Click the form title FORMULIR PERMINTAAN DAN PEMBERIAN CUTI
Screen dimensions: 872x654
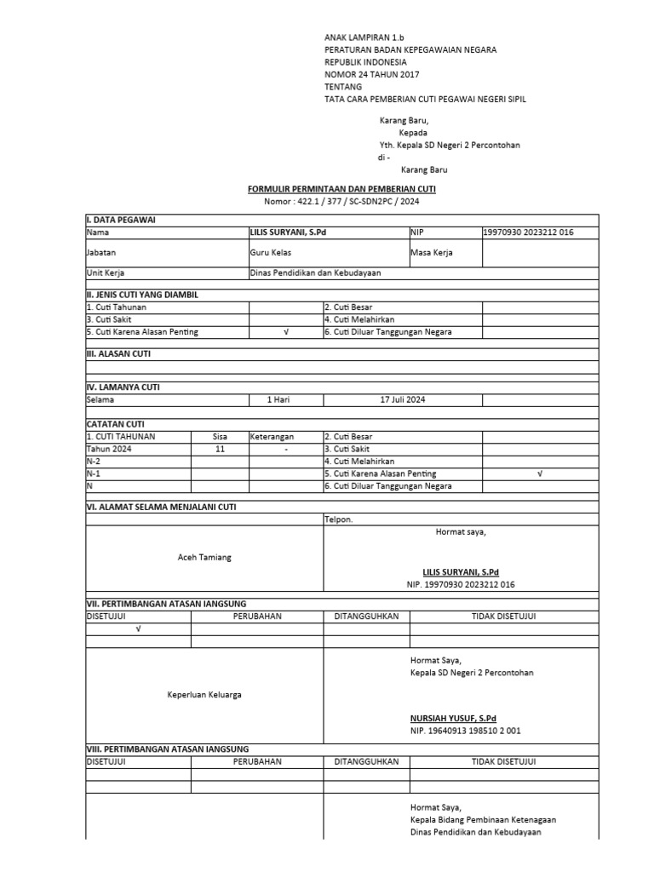(341, 188)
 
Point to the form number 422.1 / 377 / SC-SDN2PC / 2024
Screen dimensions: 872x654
(343, 202)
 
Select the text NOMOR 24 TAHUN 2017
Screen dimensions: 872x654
(373, 75)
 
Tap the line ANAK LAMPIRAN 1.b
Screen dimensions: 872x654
(364, 38)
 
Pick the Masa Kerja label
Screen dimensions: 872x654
(431, 253)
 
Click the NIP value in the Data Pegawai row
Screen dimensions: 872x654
(528, 232)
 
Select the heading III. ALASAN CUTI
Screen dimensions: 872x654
(118, 353)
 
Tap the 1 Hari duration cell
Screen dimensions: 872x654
(281, 399)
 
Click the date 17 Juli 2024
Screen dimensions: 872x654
(402, 399)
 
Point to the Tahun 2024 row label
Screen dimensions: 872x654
(109, 449)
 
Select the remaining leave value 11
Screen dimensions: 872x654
(220, 449)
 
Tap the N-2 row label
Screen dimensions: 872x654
(94, 461)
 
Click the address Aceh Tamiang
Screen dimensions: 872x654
(204, 557)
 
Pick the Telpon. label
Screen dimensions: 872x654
(338, 519)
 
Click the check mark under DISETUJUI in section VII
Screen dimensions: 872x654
(138, 629)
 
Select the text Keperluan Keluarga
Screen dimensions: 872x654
(204, 695)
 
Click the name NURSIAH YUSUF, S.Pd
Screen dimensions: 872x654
(453, 719)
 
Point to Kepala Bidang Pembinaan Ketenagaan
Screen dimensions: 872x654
(483, 819)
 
